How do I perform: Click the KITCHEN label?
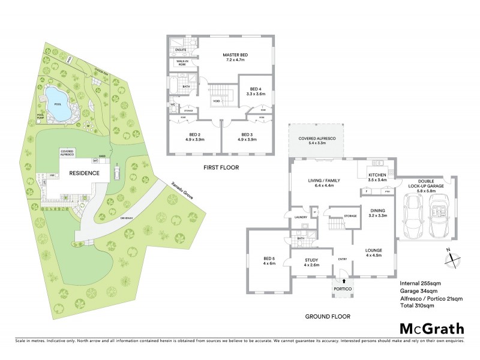click(x=377, y=175)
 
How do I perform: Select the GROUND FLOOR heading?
click(x=328, y=316)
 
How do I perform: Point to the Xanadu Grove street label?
click(x=182, y=193)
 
